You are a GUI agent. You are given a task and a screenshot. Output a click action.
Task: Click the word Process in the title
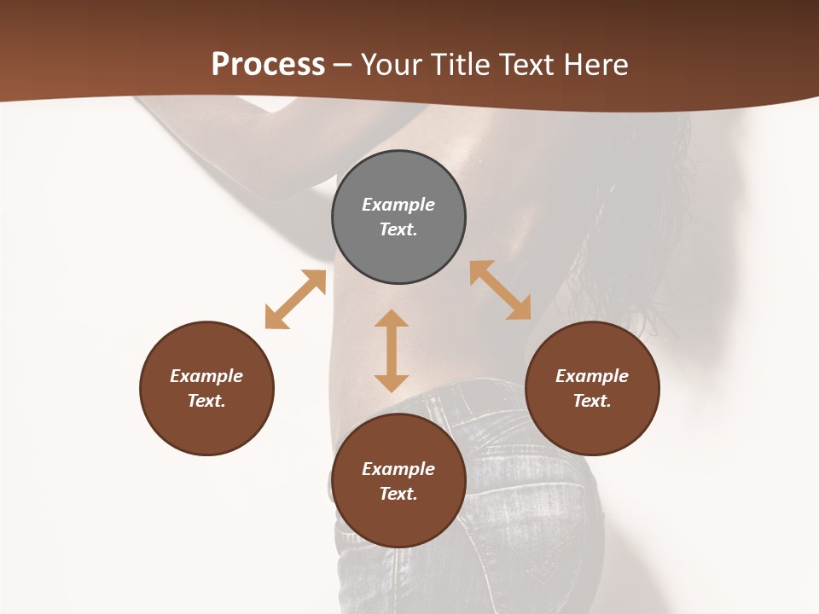268,65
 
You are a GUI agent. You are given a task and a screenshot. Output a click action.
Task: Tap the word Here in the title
595,65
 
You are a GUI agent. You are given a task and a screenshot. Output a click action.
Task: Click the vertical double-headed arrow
392,350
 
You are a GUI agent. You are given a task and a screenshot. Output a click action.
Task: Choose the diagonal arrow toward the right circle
501,290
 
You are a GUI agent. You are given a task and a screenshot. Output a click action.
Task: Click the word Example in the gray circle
398,205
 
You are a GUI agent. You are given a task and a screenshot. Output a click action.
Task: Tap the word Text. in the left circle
206,401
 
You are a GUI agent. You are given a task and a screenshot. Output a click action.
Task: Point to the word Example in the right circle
592,376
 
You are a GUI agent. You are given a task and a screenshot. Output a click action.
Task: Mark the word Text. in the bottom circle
398,494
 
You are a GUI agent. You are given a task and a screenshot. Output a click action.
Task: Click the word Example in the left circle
206,376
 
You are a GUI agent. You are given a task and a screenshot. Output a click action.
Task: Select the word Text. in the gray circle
398,229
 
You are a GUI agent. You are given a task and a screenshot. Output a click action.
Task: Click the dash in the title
343,65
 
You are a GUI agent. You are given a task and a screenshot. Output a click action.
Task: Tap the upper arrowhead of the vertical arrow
392,320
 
